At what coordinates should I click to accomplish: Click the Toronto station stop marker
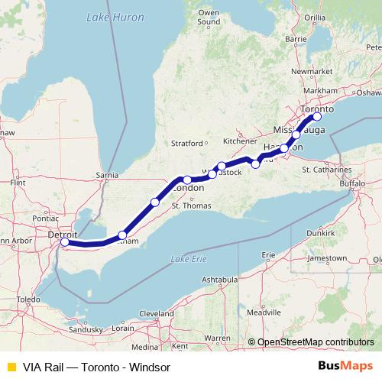pos(317,117)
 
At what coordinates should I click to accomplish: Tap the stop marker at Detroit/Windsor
pos(65,242)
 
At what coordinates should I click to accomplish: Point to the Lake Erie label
pos(189,258)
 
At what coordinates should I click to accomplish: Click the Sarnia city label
pos(105,175)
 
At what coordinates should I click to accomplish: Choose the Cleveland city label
pos(157,313)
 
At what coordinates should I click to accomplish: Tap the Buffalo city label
pos(353,184)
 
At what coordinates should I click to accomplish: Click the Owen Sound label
pos(209,18)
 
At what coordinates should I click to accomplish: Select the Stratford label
pos(186,142)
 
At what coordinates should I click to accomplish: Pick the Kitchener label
pos(239,141)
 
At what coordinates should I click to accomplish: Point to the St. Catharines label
pos(325,169)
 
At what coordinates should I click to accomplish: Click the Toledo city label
pos(30,299)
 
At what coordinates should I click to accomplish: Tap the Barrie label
pos(295,37)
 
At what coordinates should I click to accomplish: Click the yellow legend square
pos(10,365)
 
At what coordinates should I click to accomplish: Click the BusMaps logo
pos(345,365)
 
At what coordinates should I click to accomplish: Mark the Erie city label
pos(267,254)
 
